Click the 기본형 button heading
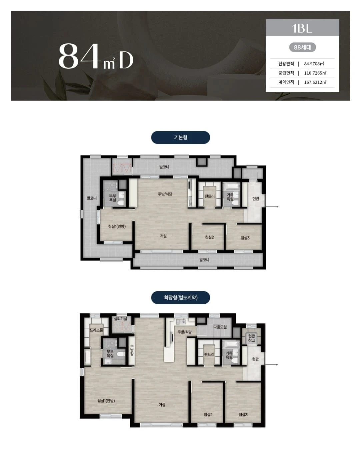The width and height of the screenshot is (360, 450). pyautogui.click(x=180, y=137)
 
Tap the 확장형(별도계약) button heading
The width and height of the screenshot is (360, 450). pyautogui.click(x=180, y=297)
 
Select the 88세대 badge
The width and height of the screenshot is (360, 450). pyautogui.click(x=302, y=47)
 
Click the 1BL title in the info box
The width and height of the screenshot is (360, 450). pyautogui.click(x=302, y=28)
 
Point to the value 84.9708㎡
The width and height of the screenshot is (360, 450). pyautogui.click(x=314, y=64)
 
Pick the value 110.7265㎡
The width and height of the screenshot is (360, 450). pyautogui.click(x=315, y=73)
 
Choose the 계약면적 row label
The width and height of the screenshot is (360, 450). pyautogui.click(x=286, y=82)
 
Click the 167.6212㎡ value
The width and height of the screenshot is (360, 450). pyautogui.click(x=315, y=82)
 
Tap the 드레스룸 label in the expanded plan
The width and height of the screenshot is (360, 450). pyautogui.click(x=96, y=330)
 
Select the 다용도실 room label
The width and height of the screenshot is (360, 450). pyautogui.click(x=220, y=327)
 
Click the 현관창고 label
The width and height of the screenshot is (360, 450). pyautogui.click(x=252, y=338)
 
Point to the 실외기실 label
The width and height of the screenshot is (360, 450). pyautogui.click(x=120, y=319)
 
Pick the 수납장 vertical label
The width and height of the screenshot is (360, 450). pyautogui.click(x=132, y=350)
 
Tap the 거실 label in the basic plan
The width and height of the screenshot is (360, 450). pyautogui.click(x=163, y=236)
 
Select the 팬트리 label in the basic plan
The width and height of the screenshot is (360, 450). pyautogui.click(x=210, y=196)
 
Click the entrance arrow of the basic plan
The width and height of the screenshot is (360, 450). pyautogui.click(x=272, y=207)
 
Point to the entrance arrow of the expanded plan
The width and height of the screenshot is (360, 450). pyautogui.click(x=271, y=365)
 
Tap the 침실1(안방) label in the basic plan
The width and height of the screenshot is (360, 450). pyautogui.click(x=117, y=226)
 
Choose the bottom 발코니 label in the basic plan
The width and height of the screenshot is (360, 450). pyautogui.click(x=204, y=260)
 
